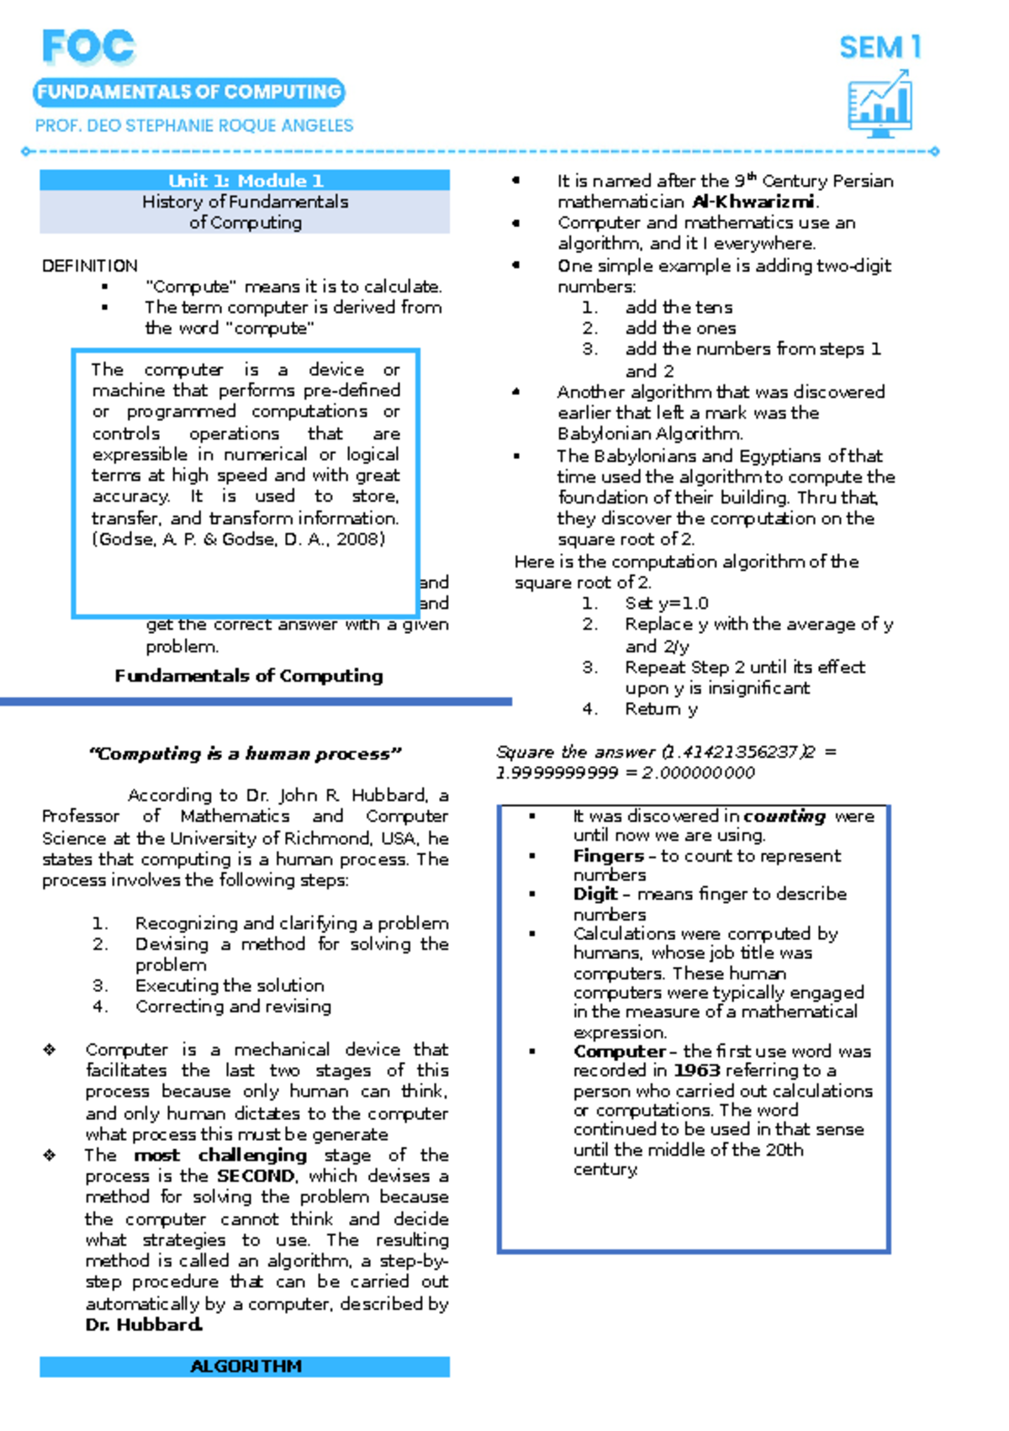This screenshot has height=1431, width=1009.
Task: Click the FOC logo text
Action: tap(88, 47)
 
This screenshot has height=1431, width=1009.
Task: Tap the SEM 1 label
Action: tap(880, 48)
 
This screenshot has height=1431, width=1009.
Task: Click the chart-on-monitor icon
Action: tap(880, 104)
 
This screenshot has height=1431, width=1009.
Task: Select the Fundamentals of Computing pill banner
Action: tap(189, 92)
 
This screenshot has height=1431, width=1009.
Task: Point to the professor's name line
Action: tap(194, 126)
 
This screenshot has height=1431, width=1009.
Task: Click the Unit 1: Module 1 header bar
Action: tap(245, 181)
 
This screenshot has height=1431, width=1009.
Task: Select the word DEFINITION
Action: tap(90, 266)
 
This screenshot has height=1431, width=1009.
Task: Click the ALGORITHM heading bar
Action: tap(245, 1366)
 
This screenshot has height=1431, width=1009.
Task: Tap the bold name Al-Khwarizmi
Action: tap(753, 202)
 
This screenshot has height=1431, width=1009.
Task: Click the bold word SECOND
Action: tap(256, 1175)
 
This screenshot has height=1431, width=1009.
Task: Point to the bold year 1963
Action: tap(696, 1070)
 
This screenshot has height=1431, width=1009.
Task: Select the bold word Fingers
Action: tap(608, 856)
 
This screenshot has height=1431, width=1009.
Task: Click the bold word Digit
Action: tap(595, 894)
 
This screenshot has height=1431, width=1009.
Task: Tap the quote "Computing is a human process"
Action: tap(245, 754)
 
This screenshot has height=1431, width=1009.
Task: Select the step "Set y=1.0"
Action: tap(666, 604)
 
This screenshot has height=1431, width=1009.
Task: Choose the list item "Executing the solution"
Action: tap(229, 985)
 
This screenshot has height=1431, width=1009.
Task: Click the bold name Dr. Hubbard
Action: tap(144, 1325)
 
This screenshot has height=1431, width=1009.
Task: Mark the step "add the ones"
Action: tap(679, 328)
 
